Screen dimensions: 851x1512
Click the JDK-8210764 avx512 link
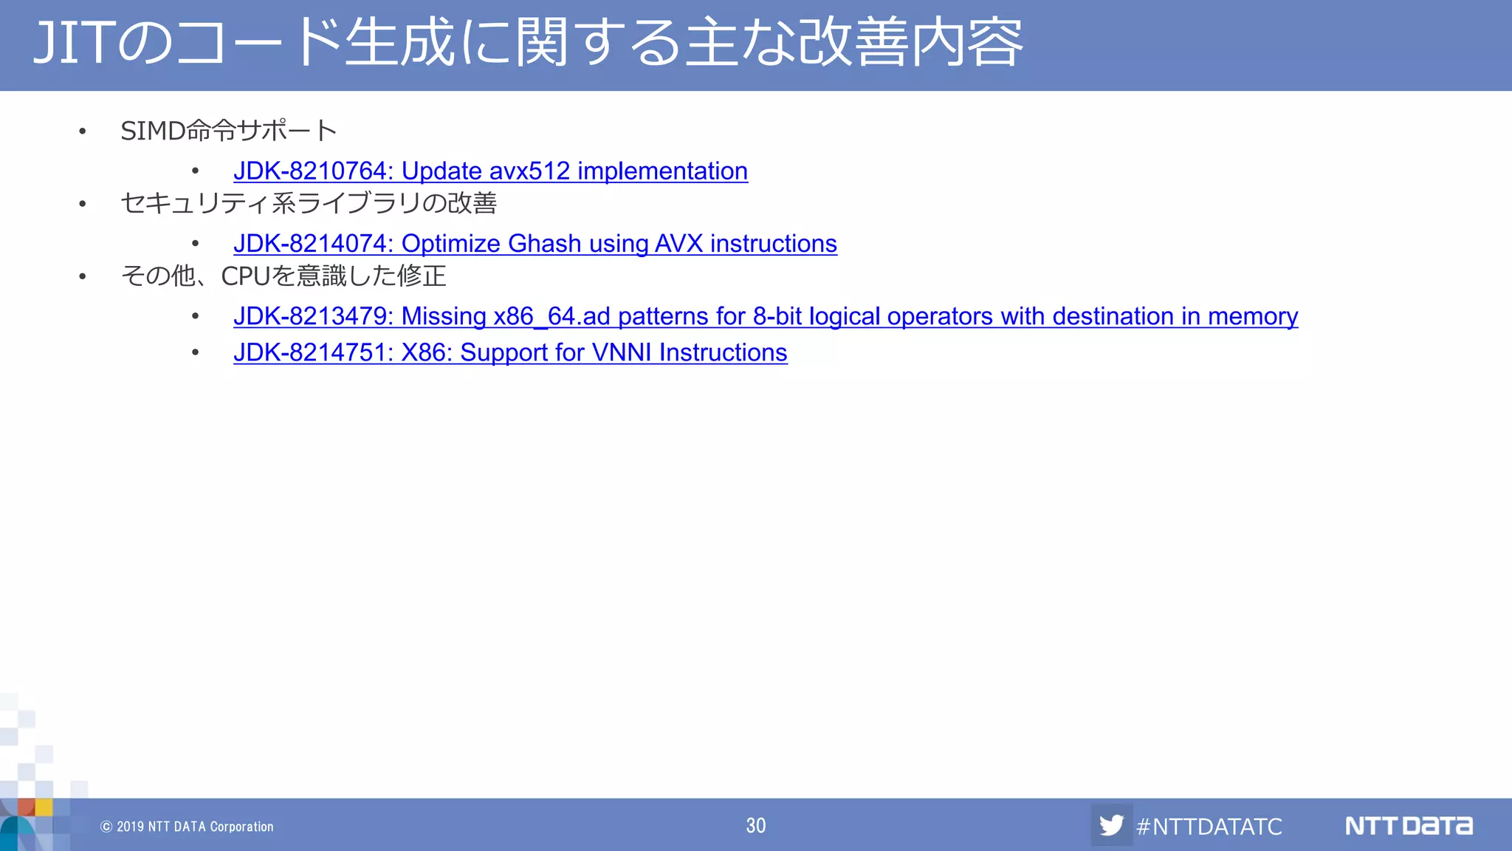tap(490, 171)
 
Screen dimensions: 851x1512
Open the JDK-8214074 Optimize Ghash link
tap(535, 244)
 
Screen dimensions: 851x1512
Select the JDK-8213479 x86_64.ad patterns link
tap(765, 316)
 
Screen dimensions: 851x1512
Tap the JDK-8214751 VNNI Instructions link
tap(509, 353)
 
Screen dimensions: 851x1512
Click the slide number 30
tap(755, 825)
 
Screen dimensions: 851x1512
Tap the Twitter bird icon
tap(1111, 825)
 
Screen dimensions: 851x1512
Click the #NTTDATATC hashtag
tap(1209, 826)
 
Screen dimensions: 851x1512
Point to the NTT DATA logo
tap(1408, 825)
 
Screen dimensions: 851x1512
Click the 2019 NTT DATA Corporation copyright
tap(187, 827)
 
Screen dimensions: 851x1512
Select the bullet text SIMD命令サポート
tap(229, 131)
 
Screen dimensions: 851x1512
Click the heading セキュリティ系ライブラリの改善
tap(309, 203)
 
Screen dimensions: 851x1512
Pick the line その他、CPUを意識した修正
tap(283, 276)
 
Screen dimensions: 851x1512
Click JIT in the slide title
tap(74, 43)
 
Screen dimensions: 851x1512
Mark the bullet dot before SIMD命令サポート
tap(83, 132)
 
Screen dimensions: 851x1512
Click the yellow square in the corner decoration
tap(44, 807)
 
